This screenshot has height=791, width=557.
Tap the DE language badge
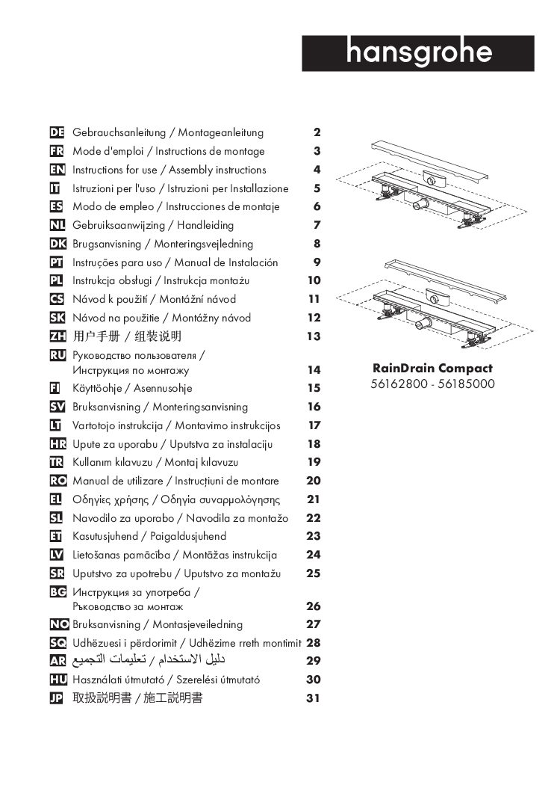coord(57,133)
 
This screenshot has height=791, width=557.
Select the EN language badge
coord(57,170)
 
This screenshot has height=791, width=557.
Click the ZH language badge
coord(57,336)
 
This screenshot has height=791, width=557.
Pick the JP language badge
coord(57,698)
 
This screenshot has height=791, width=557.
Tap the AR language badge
coord(57,661)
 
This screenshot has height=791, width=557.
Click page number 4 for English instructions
coord(317,170)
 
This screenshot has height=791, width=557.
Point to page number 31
coord(314,698)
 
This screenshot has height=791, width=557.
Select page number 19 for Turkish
coord(314,462)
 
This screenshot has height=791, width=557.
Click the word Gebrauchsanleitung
coord(119,133)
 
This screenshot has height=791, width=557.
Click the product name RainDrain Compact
coord(432,369)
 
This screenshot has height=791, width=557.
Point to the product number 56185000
coord(466,385)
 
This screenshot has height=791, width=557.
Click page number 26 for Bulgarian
coord(314,606)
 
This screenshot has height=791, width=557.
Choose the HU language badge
coord(57,680)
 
